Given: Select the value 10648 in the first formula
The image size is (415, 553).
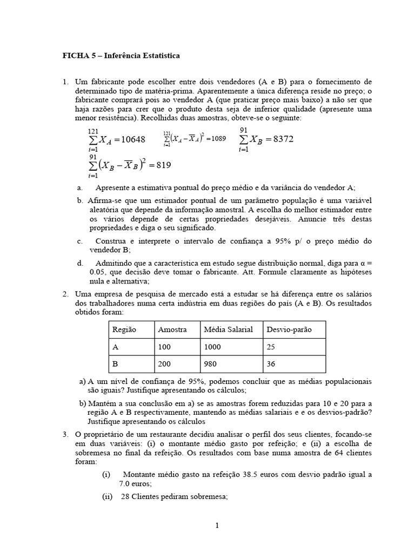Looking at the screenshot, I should pos(133,139).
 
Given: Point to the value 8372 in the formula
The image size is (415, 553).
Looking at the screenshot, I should pos(283,139).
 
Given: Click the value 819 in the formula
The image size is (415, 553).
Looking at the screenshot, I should pos(163,165).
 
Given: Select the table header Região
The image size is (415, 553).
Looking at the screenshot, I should pos(124,329).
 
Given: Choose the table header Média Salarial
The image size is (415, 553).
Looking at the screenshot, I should pos(229,329).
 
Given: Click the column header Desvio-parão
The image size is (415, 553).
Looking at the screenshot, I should pos(289,329).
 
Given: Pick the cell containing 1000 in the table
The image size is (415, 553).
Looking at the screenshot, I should pos(213,347).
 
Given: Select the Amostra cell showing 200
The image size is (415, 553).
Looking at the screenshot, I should pos(164,364).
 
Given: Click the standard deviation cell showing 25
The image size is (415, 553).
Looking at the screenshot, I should pos(271,347).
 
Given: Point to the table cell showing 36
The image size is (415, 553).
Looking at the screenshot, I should pos(271,364).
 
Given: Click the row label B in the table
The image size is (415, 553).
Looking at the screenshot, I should pos(115,364).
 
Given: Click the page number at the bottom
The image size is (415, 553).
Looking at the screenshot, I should pos(217,525).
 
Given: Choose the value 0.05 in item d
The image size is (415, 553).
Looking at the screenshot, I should pos(99,273).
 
